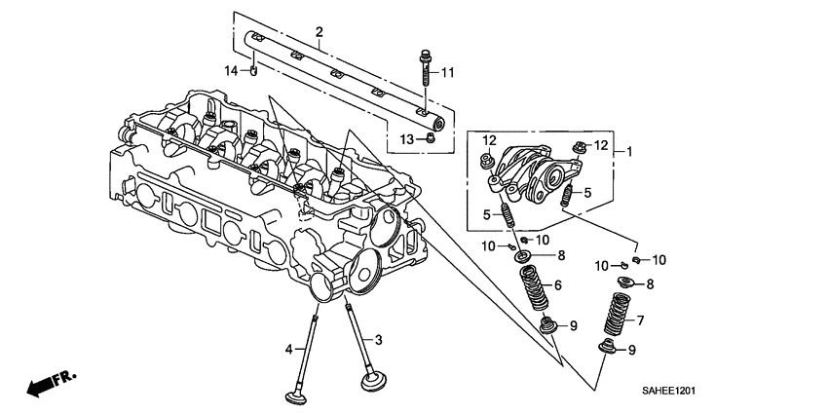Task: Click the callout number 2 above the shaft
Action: coord(319,34)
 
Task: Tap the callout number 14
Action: coord(231,71)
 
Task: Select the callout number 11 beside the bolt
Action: coord(447,73)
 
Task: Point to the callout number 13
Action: coord(407,141)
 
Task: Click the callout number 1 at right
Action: coord(629,151)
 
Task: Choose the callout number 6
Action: coord(558,285)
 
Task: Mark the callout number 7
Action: coord(640,320)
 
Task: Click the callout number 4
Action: coord(288,349)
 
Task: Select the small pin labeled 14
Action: coord(252,70)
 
